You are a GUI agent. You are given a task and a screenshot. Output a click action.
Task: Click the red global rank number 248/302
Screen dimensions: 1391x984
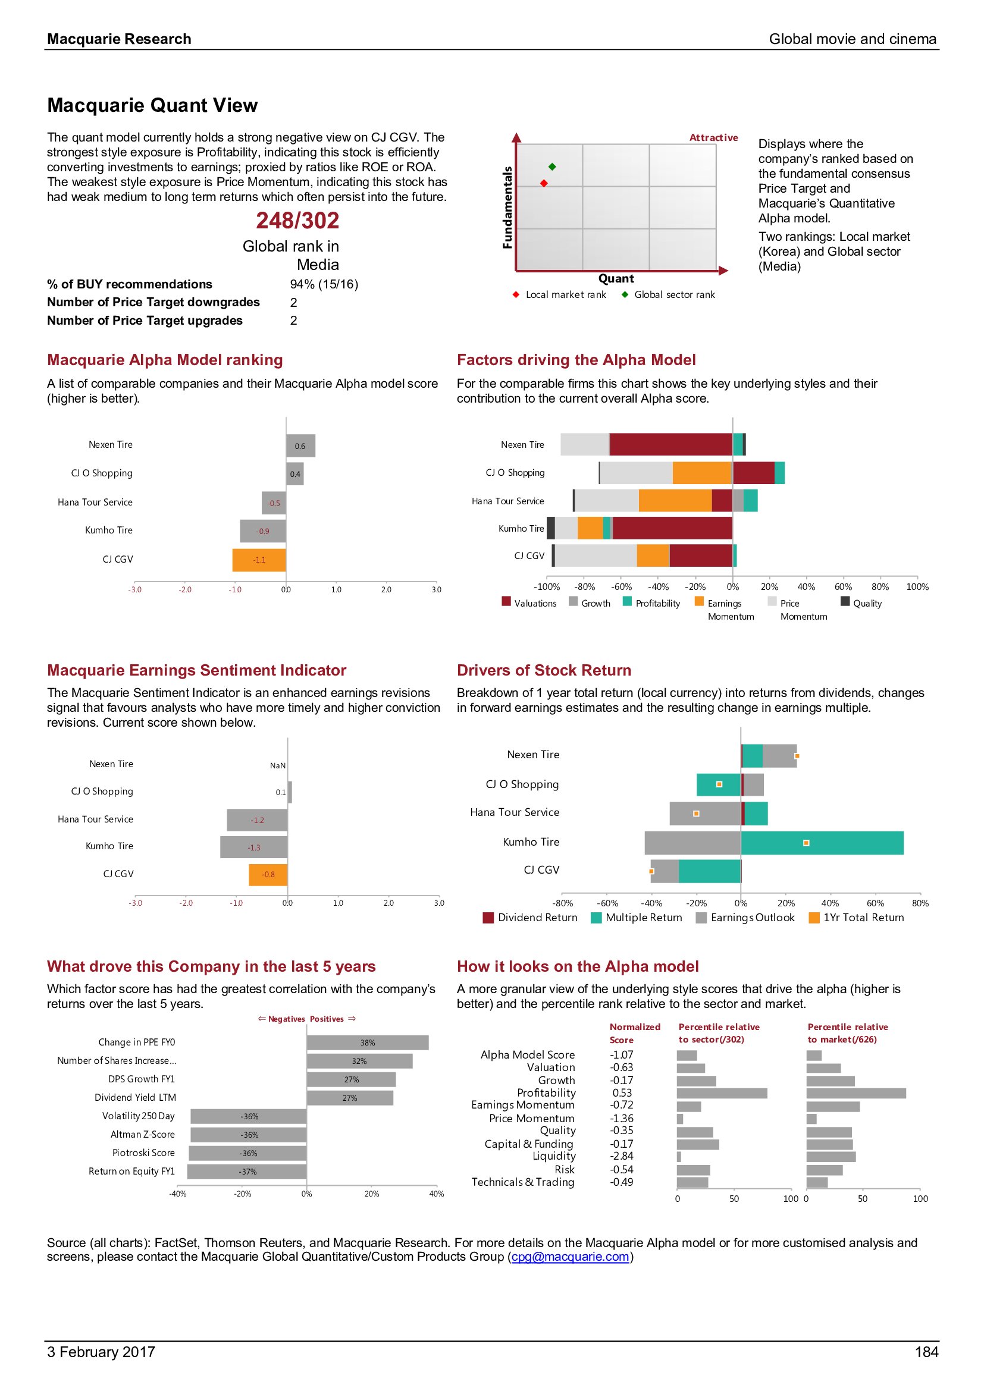[x=297, y=221]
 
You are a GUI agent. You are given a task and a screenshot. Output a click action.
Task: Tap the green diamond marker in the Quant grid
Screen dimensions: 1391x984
[x=552, y=167]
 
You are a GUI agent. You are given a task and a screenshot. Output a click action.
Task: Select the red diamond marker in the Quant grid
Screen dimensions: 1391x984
[x=544, y=183]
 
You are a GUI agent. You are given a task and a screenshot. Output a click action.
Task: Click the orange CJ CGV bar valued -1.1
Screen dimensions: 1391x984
[x=259, y=560]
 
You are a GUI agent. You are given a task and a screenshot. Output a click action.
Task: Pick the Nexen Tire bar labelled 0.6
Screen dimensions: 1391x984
[x=300, y=446]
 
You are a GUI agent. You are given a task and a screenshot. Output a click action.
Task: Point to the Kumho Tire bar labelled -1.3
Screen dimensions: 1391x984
[x=254, y=847]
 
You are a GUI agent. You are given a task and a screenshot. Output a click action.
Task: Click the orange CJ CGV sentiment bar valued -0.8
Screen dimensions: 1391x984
[x=268, y=874]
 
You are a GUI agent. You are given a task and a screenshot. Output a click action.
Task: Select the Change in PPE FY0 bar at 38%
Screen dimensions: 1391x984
[x=368, y=1043]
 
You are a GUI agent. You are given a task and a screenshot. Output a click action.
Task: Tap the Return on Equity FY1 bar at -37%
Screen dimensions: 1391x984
[x=247, y=1172]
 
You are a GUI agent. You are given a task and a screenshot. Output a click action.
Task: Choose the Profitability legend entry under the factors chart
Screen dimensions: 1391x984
[x=651, y=604]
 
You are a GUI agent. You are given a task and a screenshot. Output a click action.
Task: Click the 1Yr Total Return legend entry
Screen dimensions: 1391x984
[x=857, y=918]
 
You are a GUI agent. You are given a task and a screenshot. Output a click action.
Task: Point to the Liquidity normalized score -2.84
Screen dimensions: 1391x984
[x=622, y=1157]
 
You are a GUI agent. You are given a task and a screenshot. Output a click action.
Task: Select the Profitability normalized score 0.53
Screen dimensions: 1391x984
[x=622, y=1093]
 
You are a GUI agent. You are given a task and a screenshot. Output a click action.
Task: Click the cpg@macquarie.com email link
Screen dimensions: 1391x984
[x=570, y=1257]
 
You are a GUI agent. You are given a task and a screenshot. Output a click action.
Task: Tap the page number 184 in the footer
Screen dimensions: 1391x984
[x=926, y=1352]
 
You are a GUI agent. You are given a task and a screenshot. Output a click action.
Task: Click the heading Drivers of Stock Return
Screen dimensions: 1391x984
[x=544, y=670]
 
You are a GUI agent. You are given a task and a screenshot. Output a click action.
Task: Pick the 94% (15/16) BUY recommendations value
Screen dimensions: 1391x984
[x=324, y=284]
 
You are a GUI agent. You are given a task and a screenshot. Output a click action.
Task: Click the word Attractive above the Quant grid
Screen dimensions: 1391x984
[x=714, y=137]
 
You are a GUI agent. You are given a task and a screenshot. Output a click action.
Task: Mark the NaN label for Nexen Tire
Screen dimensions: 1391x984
[x=277, y=766]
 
